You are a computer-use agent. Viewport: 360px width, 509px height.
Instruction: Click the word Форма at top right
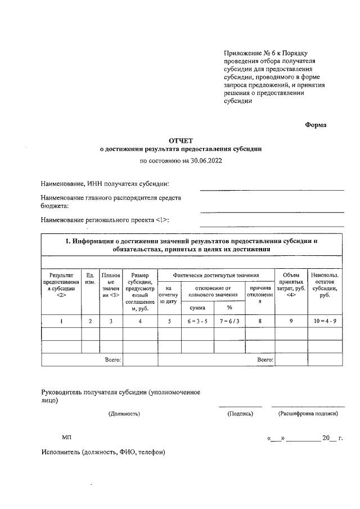click(316, 125)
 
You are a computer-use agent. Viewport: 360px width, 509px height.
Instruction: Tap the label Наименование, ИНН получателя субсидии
click(105, 184)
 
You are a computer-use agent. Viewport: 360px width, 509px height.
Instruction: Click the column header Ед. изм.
click(90, 278)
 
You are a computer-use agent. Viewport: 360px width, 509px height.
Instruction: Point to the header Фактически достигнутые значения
click(216, 275)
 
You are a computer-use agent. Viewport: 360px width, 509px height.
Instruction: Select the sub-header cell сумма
click(197, 308)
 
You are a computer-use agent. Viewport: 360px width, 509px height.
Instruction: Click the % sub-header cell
click(229, 308)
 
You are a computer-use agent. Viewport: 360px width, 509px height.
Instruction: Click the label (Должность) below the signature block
click(124, 413)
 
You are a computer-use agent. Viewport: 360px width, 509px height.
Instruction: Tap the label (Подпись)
click(240, 413)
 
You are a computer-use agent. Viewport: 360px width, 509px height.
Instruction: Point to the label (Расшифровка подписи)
click(308, 413)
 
